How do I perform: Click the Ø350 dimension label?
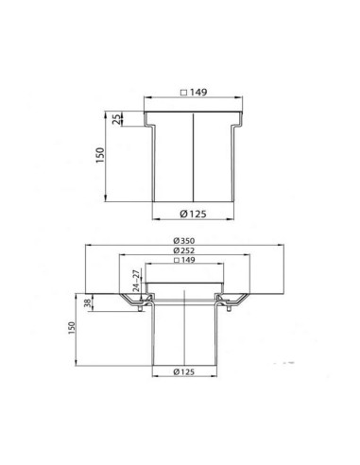click(x=184, y=241)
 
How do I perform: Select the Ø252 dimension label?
click(x=184, y=250)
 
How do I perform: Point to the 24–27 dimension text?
click(x=136, y=281)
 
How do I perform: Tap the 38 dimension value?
click(x=88, y=303)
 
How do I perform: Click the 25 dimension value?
click(x=116, y=119)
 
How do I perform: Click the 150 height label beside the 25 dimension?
click(x=99, y=155)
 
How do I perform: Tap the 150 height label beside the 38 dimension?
click(x=72, y=328)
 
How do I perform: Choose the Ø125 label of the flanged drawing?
click(x=184, y=371)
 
